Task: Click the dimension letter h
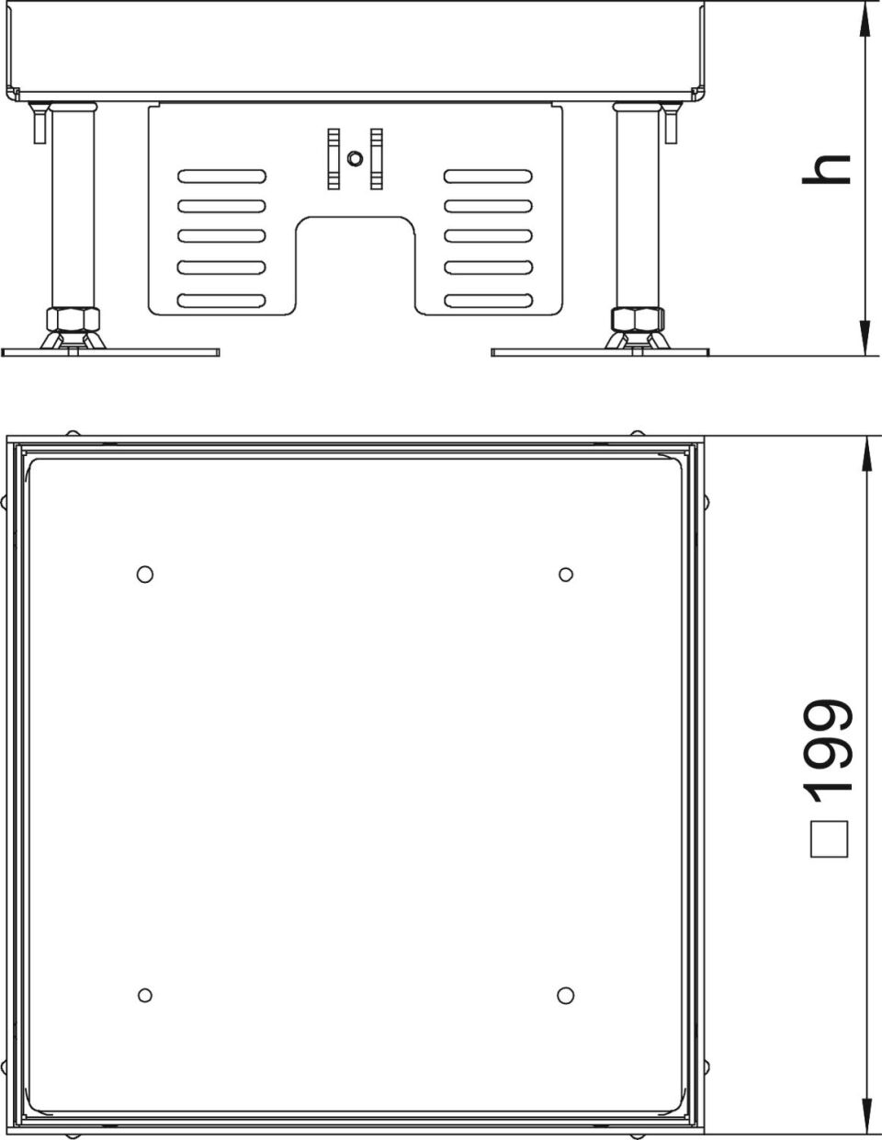coord(826,169)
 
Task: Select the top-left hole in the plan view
coord(145,575)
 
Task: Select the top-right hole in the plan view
coord(565,575)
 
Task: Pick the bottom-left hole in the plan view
coord(145,996)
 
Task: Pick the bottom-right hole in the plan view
coord(565,996)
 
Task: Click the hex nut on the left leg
coord(73,319)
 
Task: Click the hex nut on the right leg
coord(638,319)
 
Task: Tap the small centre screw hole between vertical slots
coord(355,158)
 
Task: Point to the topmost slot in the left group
coord(221,176)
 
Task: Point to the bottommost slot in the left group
coord(221,301)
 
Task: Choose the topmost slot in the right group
coord(489,176)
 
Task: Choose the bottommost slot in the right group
coord(489,301)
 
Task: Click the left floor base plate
coord(110,352)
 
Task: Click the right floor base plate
coord(600,352)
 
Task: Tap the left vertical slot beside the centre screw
coord(334,158)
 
